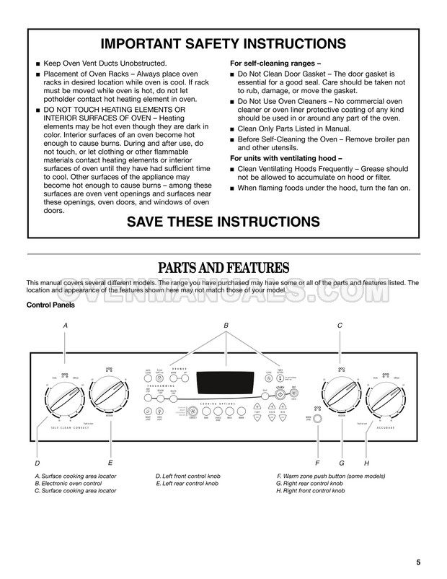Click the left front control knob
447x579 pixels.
coord(65,396)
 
